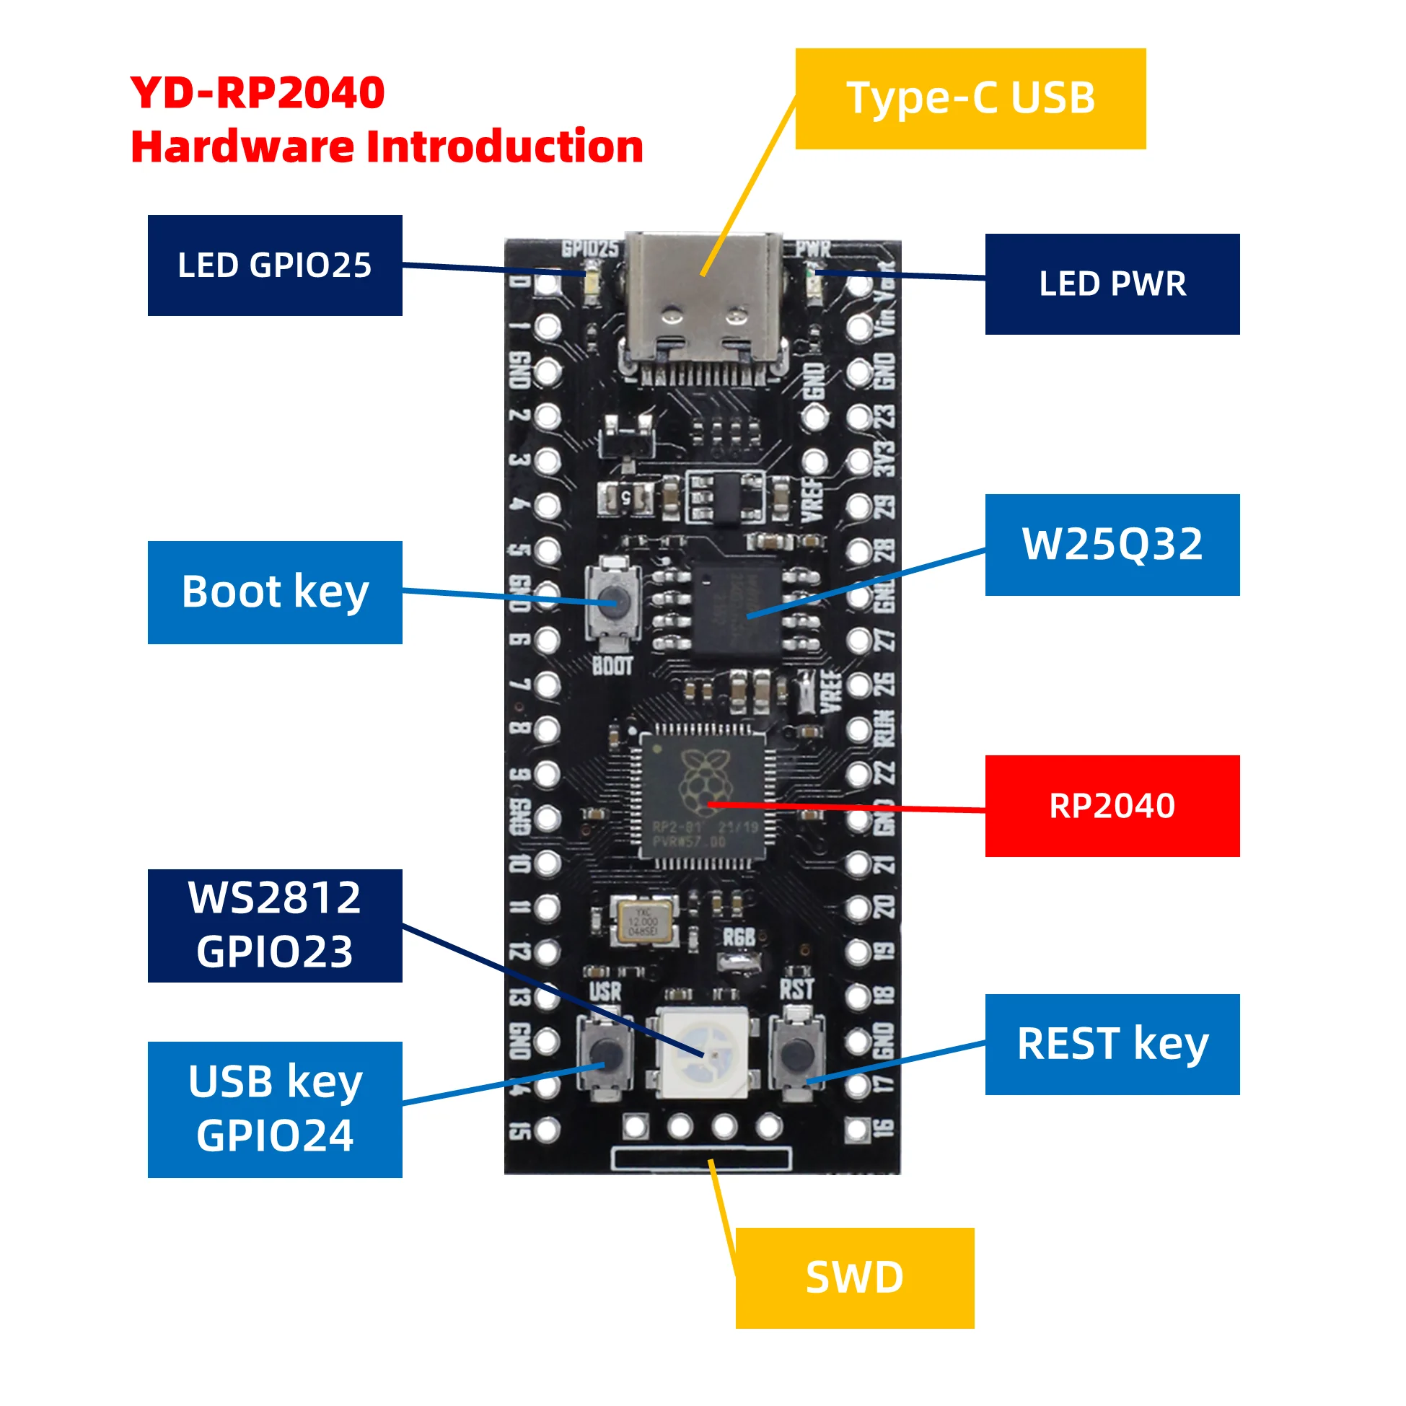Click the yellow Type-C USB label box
[x=970, y=99]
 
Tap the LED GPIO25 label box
[x=274, y=265]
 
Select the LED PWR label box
[x=1112, y=284]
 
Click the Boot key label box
[x=274, y=592]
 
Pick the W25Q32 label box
[x=1112, y=545]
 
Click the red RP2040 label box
[x=1112, y=806]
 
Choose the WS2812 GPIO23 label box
[x=274, y=925]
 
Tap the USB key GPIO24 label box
[x=274, y=1109]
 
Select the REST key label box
[x=1112, y=1044]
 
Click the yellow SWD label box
[x=854, y=1278]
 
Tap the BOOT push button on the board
[x=612, y=602]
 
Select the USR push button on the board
[x=605, y=1053]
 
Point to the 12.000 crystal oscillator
[x=643, y=923]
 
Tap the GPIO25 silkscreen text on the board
[x=589, y=250]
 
